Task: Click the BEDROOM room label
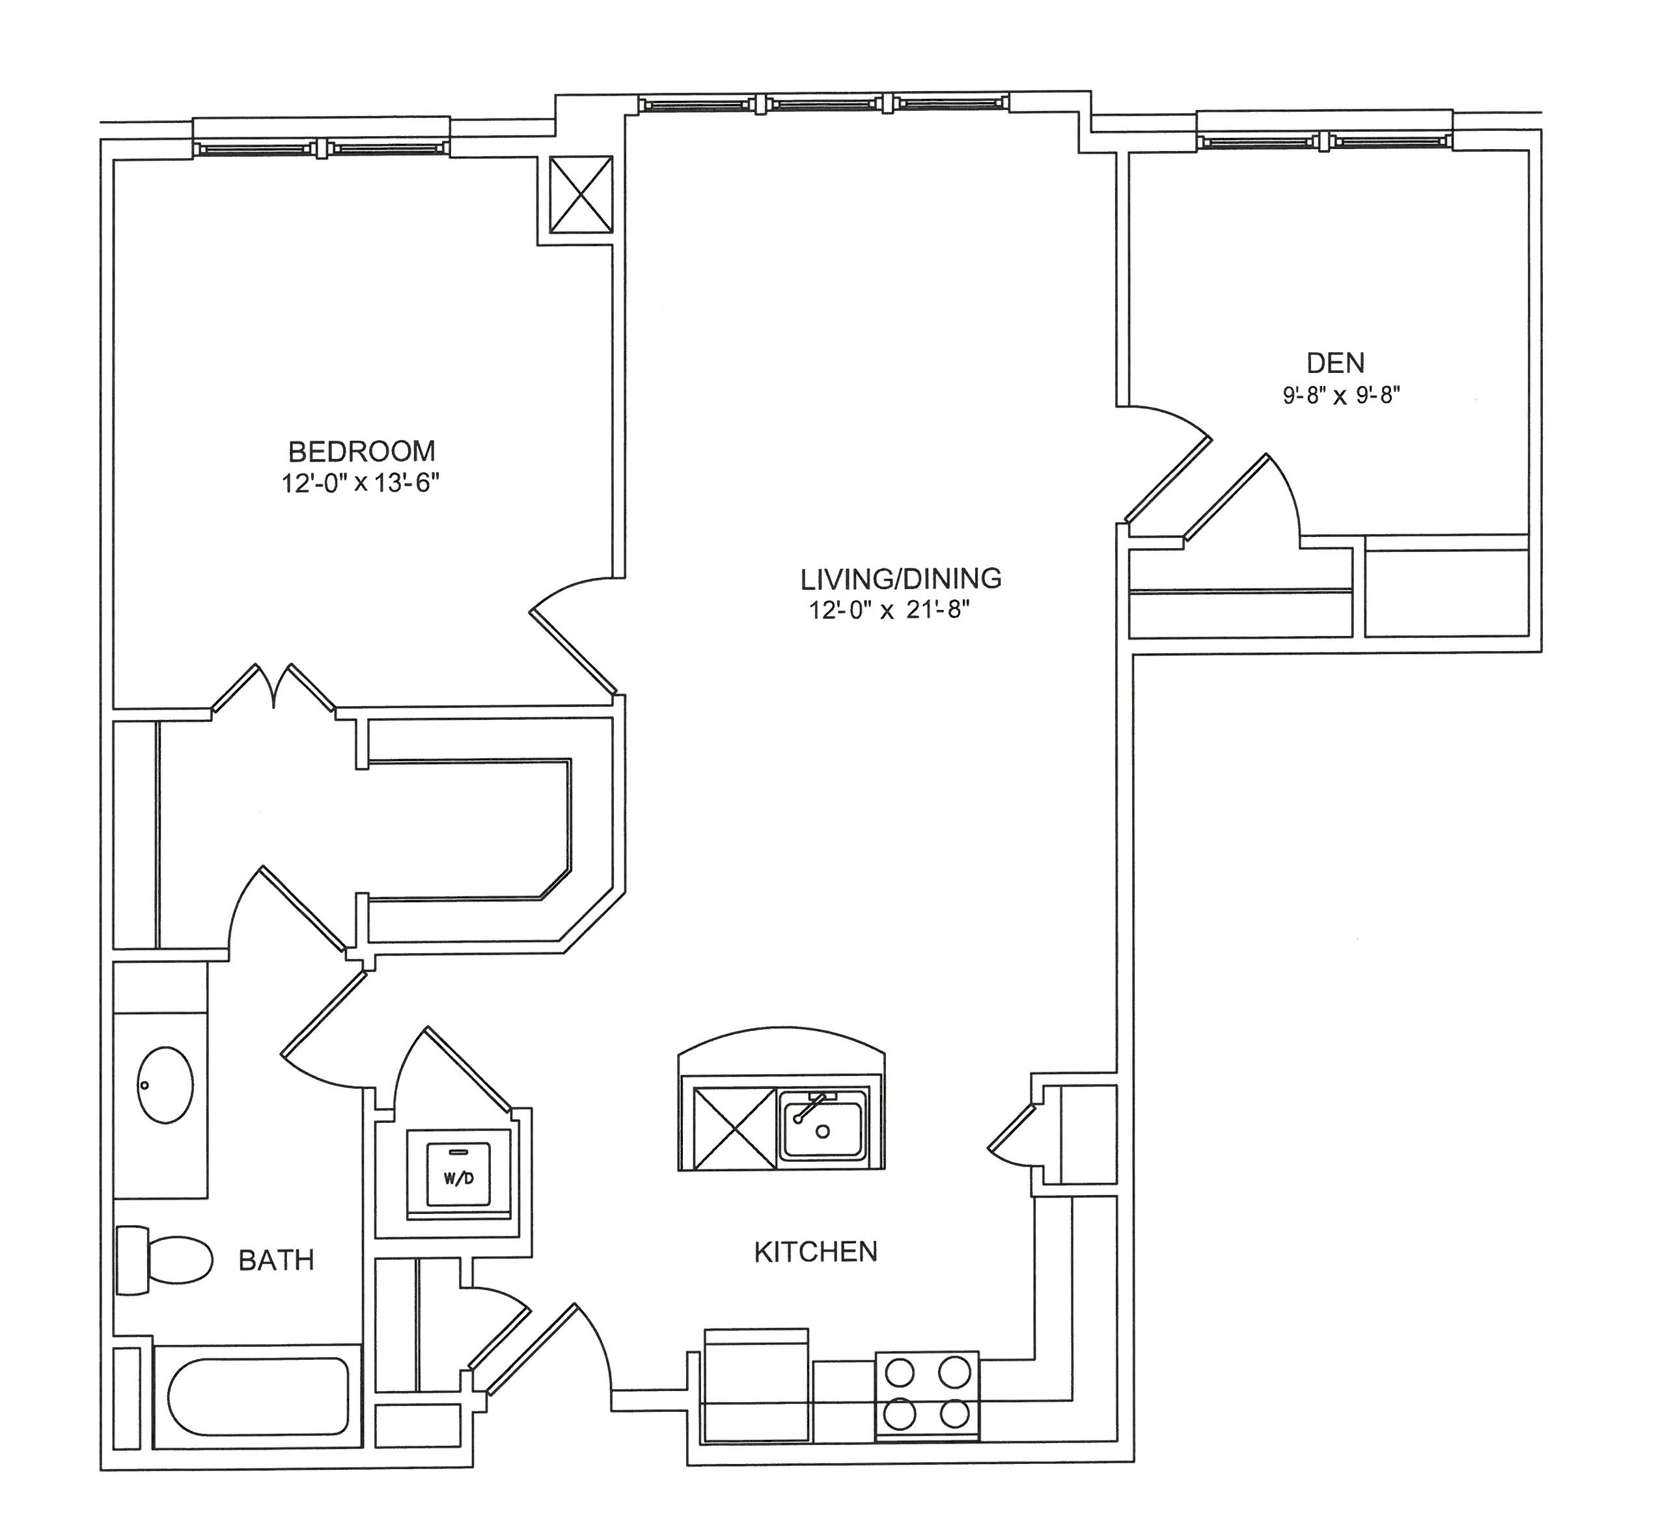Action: pyautogui.click(x=361, y=452)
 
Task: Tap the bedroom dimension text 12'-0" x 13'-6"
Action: pyautogui.click(x=359, y=484)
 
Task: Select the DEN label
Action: pyautogui.click(x=1335, y=363)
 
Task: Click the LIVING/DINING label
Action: pyautogui.click(x=900, y=577)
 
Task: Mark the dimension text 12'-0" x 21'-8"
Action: pyautogui.click(x=889, y=611)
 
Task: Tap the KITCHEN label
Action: pyautogui.click(x=815, y=1252)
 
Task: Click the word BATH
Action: pyautogui.click(x=276, y=1260)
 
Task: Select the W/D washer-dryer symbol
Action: pyautogui.click(x=458, y=1176)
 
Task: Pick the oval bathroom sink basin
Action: pyautogui.click(x=165, y=1084)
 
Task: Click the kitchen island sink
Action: pyautogui.click(x=823, y=1124)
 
